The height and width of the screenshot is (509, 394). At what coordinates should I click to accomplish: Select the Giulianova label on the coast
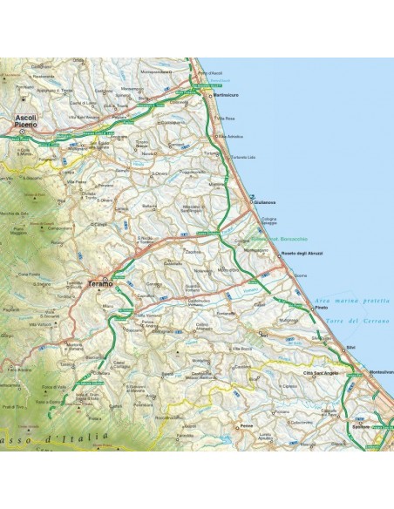(x=266, y=202)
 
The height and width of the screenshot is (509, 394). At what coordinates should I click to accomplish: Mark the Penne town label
(x=247, y=427)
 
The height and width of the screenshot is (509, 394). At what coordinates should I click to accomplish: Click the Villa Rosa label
(x=227, y=118)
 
